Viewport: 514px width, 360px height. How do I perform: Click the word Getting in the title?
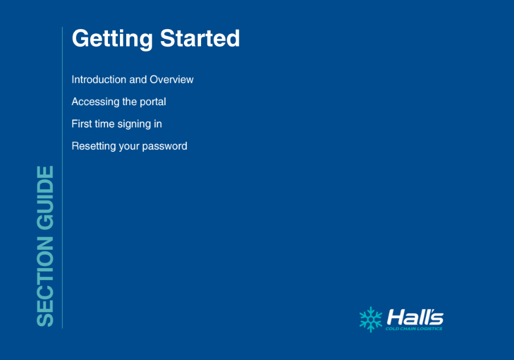pyautogui.click(x=112, y=39)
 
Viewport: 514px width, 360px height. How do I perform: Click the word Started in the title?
pyautogui.click(x=200, y=38)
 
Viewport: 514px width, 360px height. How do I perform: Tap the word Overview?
pyautogui.click(x=171, y=79)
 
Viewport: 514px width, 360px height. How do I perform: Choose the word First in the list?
pyautogui.click(x=82, y=124)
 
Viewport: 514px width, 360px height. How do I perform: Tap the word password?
pyautogui.click(x=164, y=146)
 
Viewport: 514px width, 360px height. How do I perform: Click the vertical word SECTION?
pyautogui.click(x=45, y=282)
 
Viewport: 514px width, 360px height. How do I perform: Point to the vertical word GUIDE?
pyautogui.click(x=45, y=198)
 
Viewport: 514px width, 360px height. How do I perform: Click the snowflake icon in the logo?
pyautogui.click(x=371, y=319)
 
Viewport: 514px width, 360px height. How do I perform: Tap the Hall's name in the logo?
pyautogui.click(x=415, y=317)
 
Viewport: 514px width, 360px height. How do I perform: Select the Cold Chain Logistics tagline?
pyautogui.click(x=413, y=329)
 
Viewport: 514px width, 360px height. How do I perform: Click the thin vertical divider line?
pyautogui.click(x=62, y=177)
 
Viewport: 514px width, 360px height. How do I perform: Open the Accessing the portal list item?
pyautogui.click(x=119, y=102)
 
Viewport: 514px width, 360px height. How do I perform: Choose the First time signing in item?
pyautogui.click(x=117, y=124)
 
